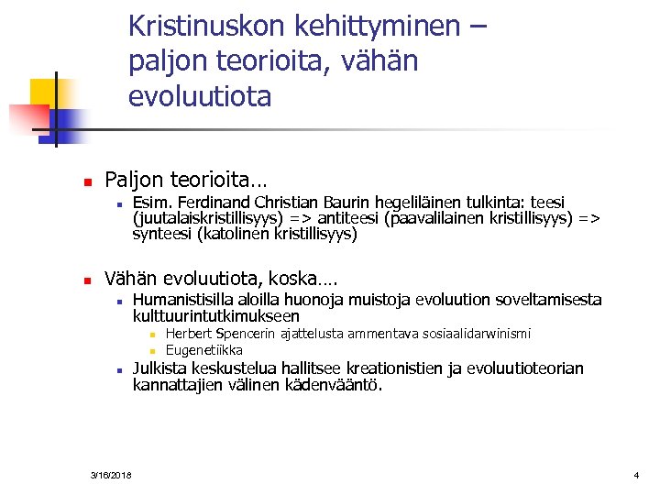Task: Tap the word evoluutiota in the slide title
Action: pyautogui.click(x=200, y=96)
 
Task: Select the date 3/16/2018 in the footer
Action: pyautogui.click(x=111, y=475)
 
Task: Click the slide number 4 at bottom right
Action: pyautogui.click(x=635, y=475)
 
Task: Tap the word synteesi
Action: pyautogui.click(x=161, y=234)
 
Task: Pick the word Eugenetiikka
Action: pyautogui.click(x=203, y=350)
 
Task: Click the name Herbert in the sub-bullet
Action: pyautogui.click(x=187, y=335)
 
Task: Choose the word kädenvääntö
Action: pyautogui.click(x=337, y=385)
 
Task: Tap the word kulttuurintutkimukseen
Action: pyautogui.click(x=216, y=316)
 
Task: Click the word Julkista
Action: pyautogui.click(x=162, y=368)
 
